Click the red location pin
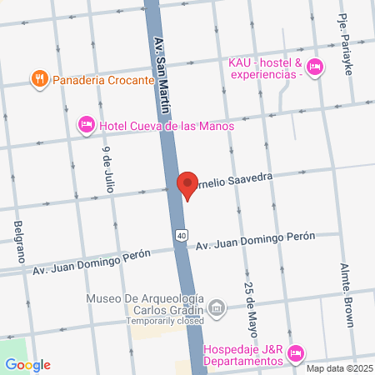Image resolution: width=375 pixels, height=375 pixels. pyautogui.click(x=188, y=183)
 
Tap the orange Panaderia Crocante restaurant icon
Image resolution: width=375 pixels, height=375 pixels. pyautogui.click(x=38, y=80)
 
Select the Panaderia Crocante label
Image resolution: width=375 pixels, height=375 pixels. pyautogui.click(x=102, y=81)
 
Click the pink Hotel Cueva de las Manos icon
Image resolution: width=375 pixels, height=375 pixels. pyautogui.click(x=86, y=126)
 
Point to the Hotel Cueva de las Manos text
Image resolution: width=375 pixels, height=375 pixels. pyautogui.click(x=167, y=126)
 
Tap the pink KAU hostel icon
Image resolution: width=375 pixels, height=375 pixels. pyautogui.click(x=314, y=67)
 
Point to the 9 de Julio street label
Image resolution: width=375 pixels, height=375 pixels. pyautogui.click(x=107, y=170)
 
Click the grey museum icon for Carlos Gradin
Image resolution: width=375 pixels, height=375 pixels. pyautogui.click(x=217, y=308)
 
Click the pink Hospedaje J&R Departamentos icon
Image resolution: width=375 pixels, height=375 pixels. pyautogui.click(x=295, y=354)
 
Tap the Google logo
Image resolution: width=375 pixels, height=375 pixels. pyautogui.click(x=27, y=364)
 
